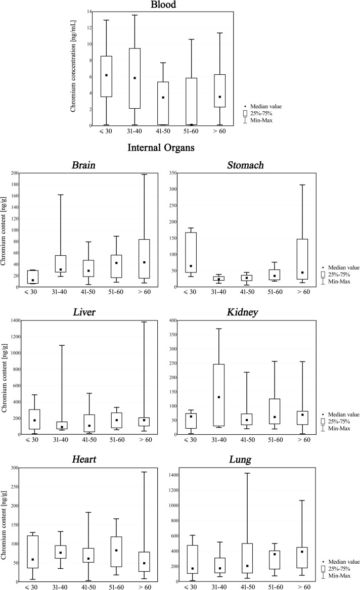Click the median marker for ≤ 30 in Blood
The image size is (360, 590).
point(106,75)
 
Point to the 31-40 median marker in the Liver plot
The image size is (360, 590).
point(62,427)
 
